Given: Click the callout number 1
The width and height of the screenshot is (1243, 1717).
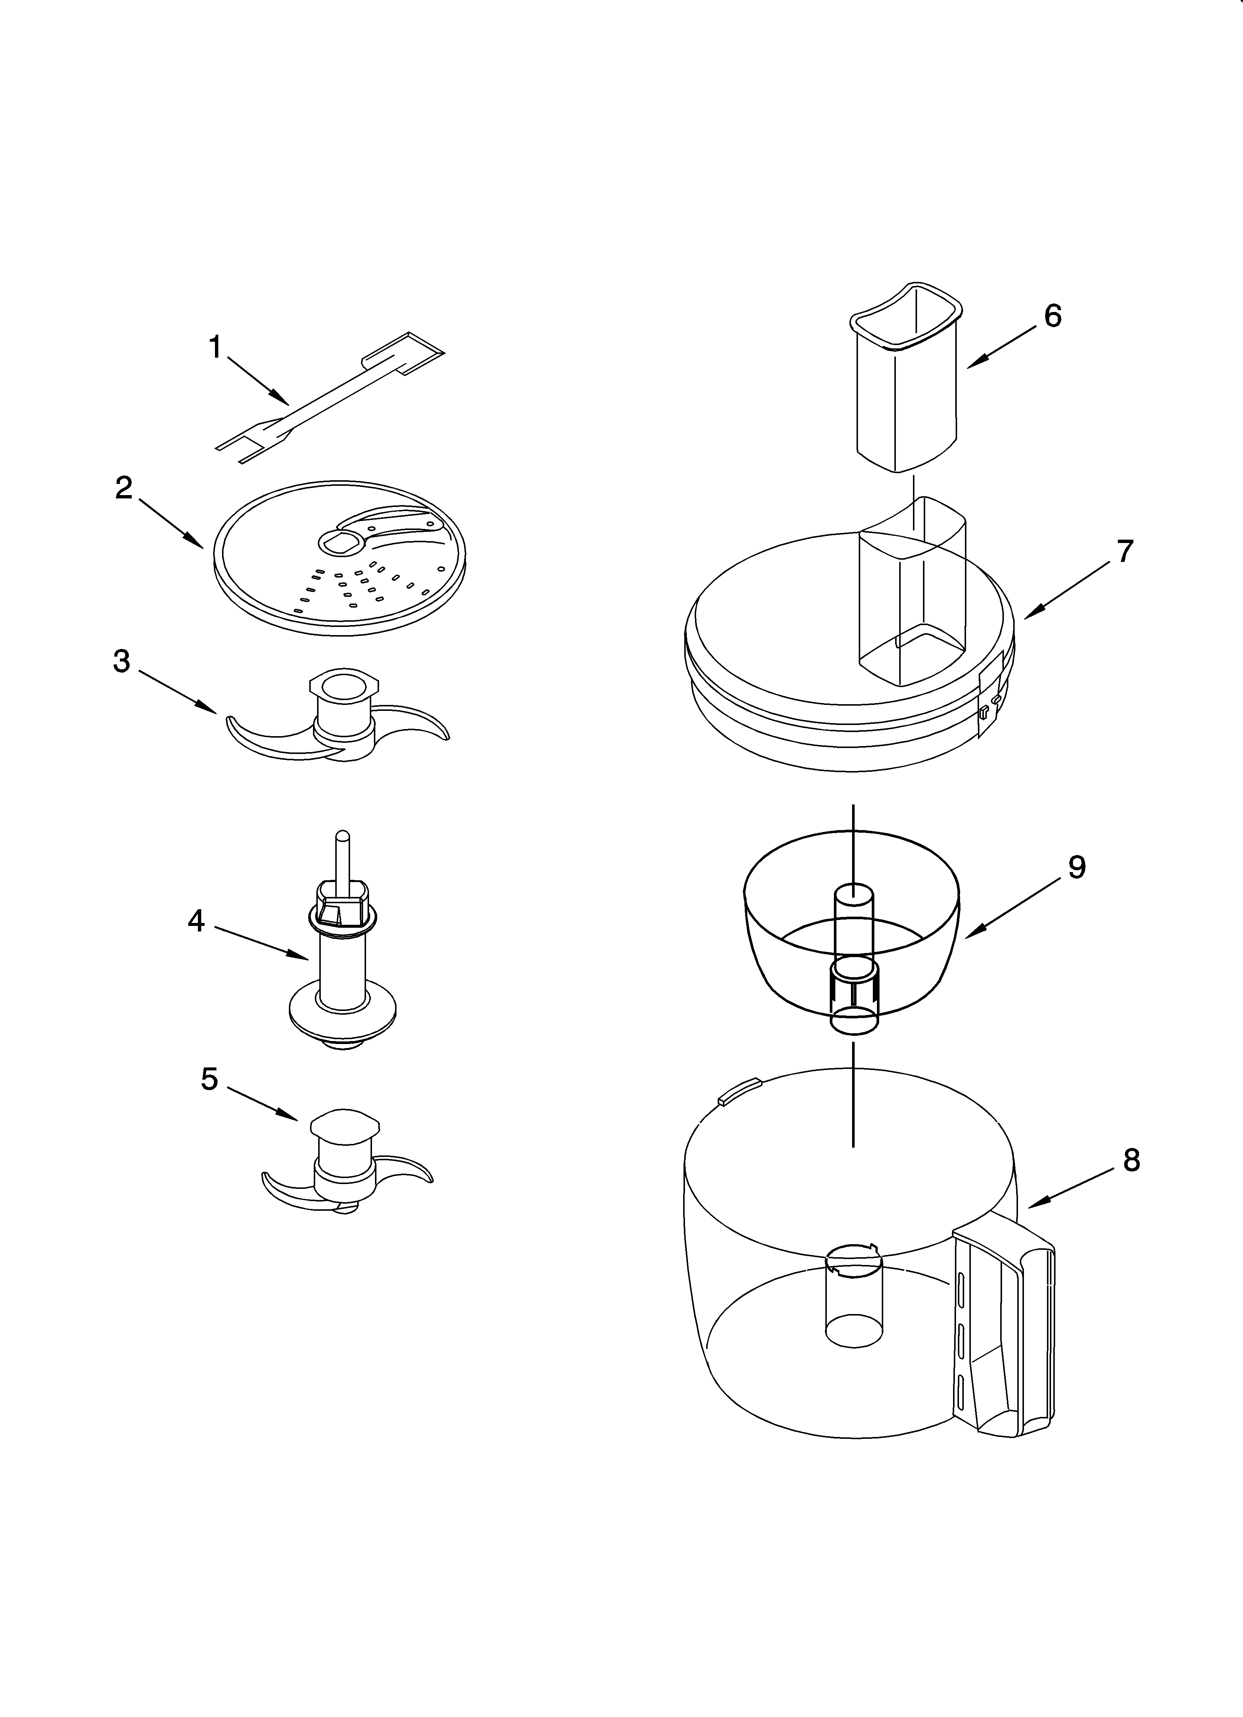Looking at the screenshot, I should (215, 348).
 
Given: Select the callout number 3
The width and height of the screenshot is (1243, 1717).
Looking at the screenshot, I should (121, 661).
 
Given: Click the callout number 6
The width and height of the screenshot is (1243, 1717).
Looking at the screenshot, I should (1052, 315).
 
